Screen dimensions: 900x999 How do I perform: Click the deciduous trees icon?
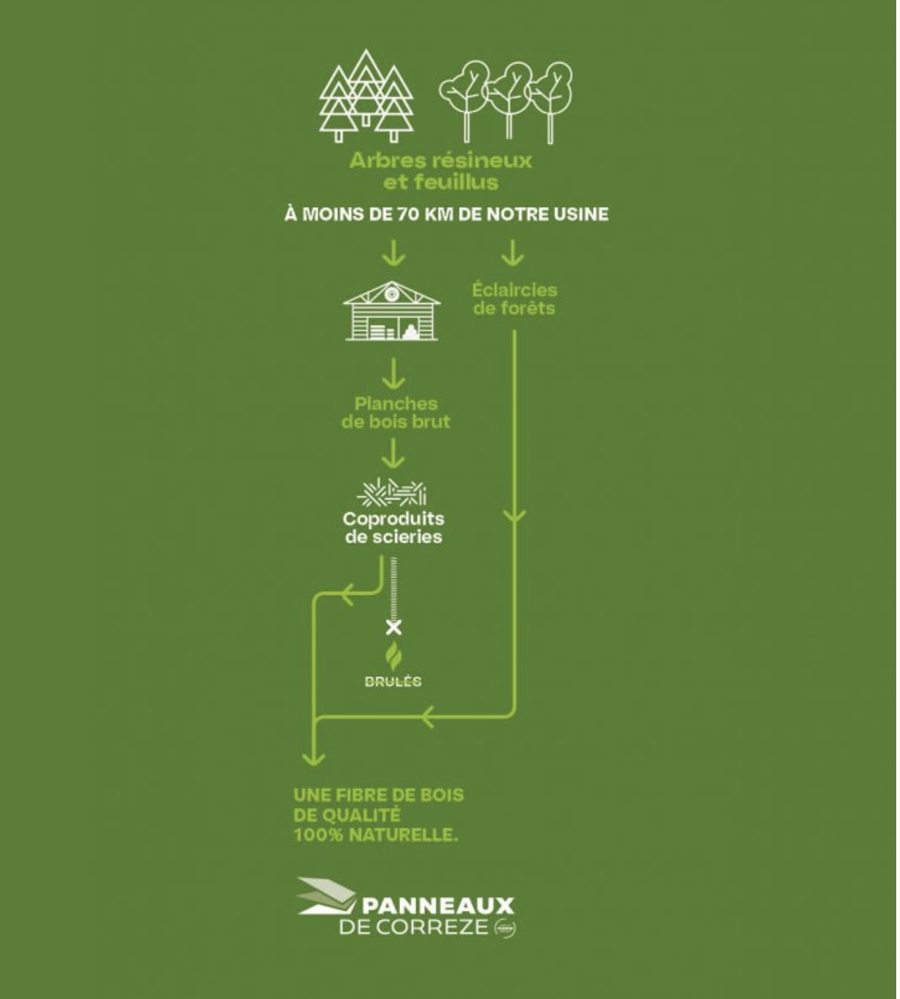coord(506,101)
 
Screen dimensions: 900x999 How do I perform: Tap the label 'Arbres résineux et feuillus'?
coord(440,171)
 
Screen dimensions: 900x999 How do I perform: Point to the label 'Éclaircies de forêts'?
coord(514,299)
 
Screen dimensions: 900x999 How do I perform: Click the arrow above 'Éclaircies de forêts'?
coord(514,254)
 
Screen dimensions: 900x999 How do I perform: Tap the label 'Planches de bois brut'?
coord(396,413)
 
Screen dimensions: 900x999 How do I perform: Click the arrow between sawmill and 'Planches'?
coord(393,373)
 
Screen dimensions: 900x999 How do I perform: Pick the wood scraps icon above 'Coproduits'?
coord(392,493)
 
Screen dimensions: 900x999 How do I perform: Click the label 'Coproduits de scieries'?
coord(393,528)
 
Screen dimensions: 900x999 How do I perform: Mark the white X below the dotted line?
coord(393,627)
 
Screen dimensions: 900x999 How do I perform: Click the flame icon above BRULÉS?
coord(393,657)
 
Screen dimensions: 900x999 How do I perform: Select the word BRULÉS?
coord(393,682)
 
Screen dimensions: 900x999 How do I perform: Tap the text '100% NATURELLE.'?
coord(375,836)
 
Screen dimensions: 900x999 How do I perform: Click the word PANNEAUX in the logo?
coord(439,906)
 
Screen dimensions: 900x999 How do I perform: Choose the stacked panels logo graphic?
coord(326,896)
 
